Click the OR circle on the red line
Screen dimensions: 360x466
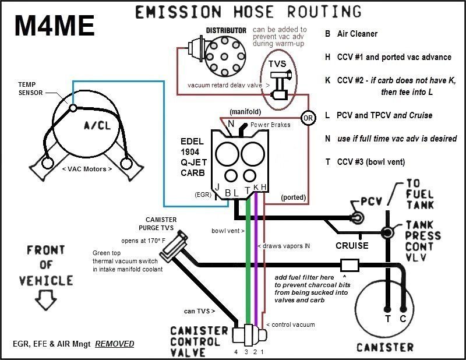(x=308, y=118)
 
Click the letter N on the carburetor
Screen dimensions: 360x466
(x=231, y=123)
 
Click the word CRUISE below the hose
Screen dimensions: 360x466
(x=352, y=245)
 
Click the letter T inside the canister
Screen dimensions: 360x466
(x=387, y=319)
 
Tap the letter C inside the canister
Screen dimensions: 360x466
(x=403, y=319)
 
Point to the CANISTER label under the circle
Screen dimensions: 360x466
(x=385, y=347)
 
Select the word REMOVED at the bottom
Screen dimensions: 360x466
(x=115, y=344)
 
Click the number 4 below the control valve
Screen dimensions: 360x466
(x=236, y=352)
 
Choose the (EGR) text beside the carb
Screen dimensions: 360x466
(x=203, y=195)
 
